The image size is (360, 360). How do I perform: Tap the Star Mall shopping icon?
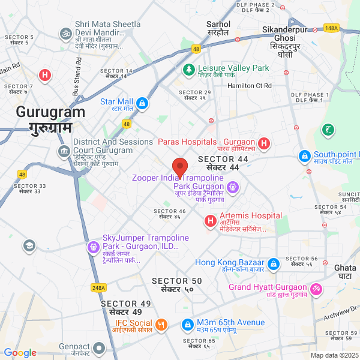pos(142,104)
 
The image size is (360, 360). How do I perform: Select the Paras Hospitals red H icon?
pos(264,144)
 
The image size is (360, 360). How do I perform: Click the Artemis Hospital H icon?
pos(211,221)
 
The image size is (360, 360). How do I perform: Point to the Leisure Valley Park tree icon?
pos(188,70)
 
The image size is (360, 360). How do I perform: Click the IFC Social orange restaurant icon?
pos(161,325)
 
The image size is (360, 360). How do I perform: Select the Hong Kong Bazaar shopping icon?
pos(274,264)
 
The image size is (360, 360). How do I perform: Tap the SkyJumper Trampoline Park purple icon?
pos(93,247)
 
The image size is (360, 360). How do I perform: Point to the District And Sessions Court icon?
pos(63,150)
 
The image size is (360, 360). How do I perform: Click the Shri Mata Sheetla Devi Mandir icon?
pos(65,34)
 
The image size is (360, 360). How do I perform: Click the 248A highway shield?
pos(99,287)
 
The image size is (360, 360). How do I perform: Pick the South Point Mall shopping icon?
pos(305,157)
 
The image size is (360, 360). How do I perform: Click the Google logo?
pos(20,353)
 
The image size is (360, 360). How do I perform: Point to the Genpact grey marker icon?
pos(99,349)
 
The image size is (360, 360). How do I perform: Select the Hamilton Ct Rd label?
pos(250,86)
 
